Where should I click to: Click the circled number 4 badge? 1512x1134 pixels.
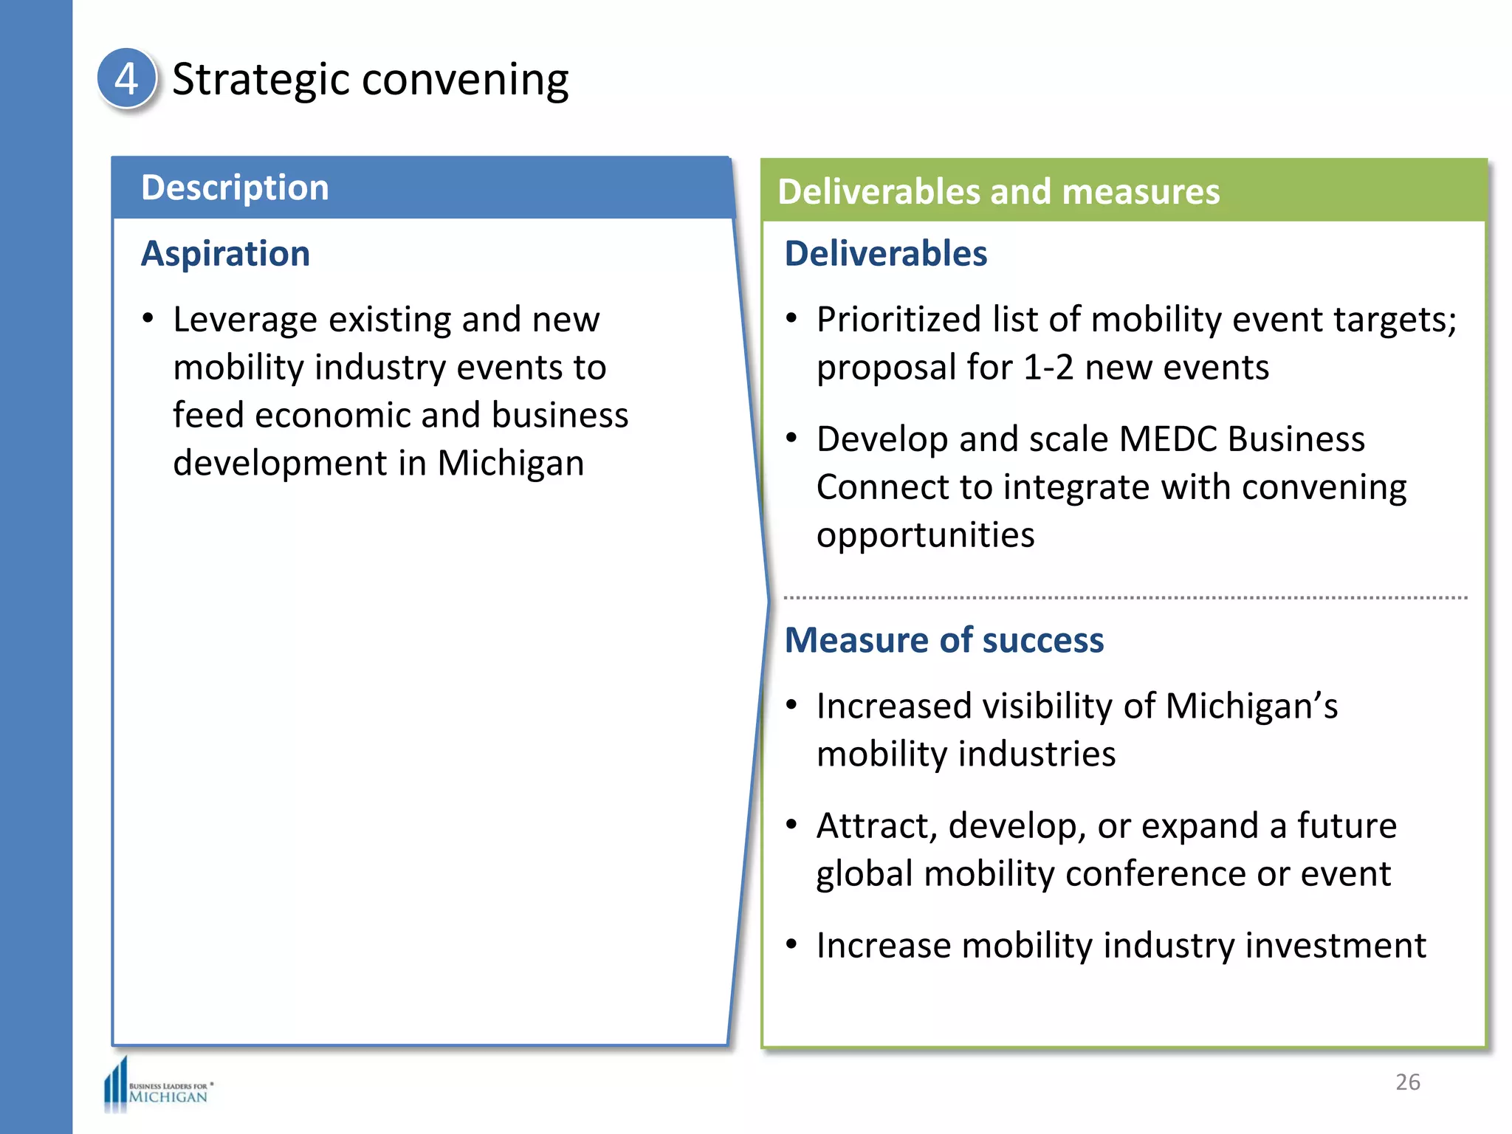[x=126, y=78]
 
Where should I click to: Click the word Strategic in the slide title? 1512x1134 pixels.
[x=260, y=80]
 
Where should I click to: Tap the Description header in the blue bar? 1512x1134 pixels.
[x=235, y=188]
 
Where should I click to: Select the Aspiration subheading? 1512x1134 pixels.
[x=225, y=254]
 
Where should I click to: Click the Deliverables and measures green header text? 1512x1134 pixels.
[x=998, y=192]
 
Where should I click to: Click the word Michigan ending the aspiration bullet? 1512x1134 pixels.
[x=510, y=464]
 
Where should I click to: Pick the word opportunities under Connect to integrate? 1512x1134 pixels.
[x=925, y=535]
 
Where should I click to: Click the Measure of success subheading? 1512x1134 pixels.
[x=944, y=640]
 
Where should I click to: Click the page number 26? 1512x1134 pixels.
[x=1407, y=1082]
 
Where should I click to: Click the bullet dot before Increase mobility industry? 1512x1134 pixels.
[x=791, y=944]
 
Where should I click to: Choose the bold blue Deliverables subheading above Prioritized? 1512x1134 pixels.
[x=885, y=254]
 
